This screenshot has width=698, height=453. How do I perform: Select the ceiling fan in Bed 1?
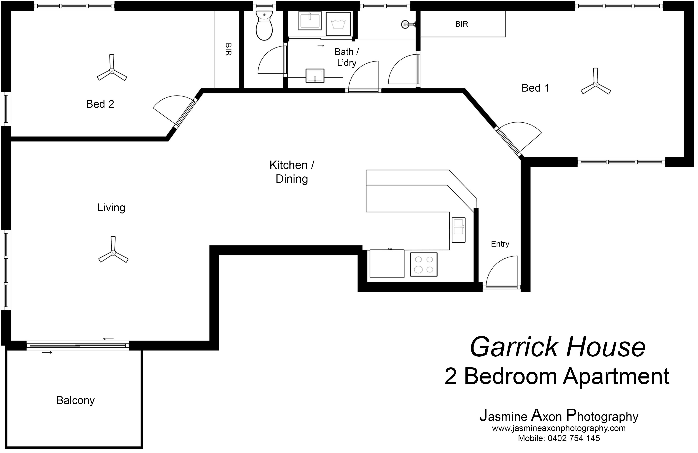tap(596, 84)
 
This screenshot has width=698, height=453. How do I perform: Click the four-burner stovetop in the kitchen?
tap(424, 265)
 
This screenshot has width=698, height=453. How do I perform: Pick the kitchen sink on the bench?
tap(458, 230)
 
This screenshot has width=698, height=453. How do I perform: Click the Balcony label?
tap(76, 400)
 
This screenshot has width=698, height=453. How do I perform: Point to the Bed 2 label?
tap(100, 104)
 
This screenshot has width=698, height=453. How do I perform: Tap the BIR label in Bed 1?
tap(462, 24)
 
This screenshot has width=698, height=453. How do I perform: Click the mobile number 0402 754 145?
tap(574, 438)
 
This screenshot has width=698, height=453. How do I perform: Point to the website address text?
tap(559, 428)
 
